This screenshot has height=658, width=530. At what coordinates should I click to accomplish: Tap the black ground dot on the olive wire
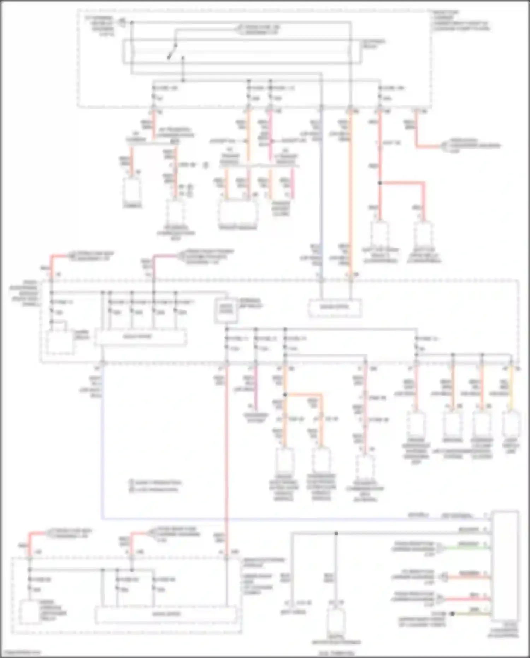pos(452,614)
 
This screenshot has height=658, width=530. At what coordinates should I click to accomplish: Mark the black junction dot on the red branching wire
pos(380,183)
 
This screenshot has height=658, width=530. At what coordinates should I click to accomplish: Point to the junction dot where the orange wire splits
pos(285,394)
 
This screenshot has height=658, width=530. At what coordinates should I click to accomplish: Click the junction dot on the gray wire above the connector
pos(336,533)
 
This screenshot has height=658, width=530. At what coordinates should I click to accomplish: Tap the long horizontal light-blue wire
pos(283,519)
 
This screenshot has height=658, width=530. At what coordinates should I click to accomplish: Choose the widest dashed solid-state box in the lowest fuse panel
pos(166,615)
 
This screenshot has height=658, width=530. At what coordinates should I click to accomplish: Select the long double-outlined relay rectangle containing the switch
pos(242,52)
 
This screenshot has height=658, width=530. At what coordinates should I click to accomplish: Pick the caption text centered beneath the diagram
pos(336,653)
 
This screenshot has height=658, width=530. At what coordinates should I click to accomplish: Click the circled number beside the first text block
pos(121,22)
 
